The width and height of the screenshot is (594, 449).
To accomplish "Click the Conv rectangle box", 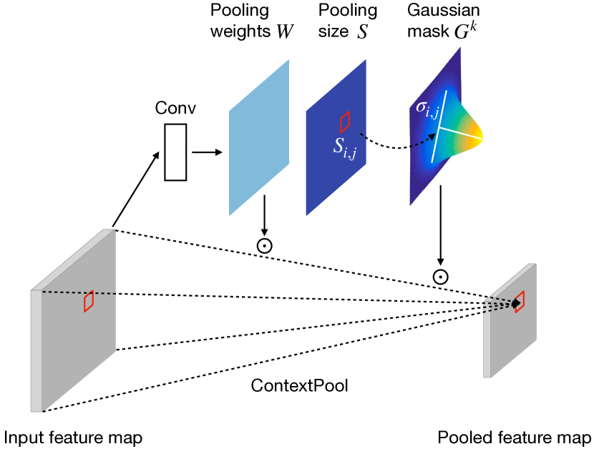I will point(175,152).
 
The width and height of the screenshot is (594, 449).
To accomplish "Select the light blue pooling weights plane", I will point(259,137).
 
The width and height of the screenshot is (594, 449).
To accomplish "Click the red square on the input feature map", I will point(89,301).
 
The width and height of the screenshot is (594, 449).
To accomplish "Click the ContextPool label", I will point(299,386).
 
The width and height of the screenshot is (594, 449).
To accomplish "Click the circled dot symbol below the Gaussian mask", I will point(440,277).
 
